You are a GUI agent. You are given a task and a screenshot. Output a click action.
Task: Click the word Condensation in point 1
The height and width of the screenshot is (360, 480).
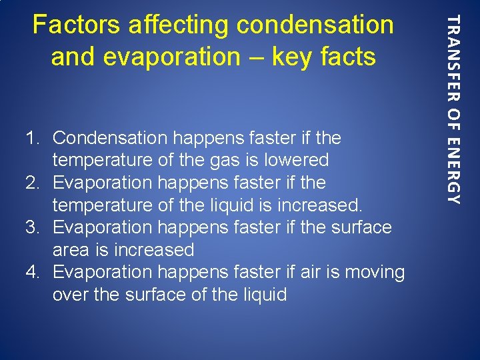[x=110, y=138]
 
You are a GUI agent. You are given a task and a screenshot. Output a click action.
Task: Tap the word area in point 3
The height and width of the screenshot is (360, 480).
[x=71, y=250]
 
